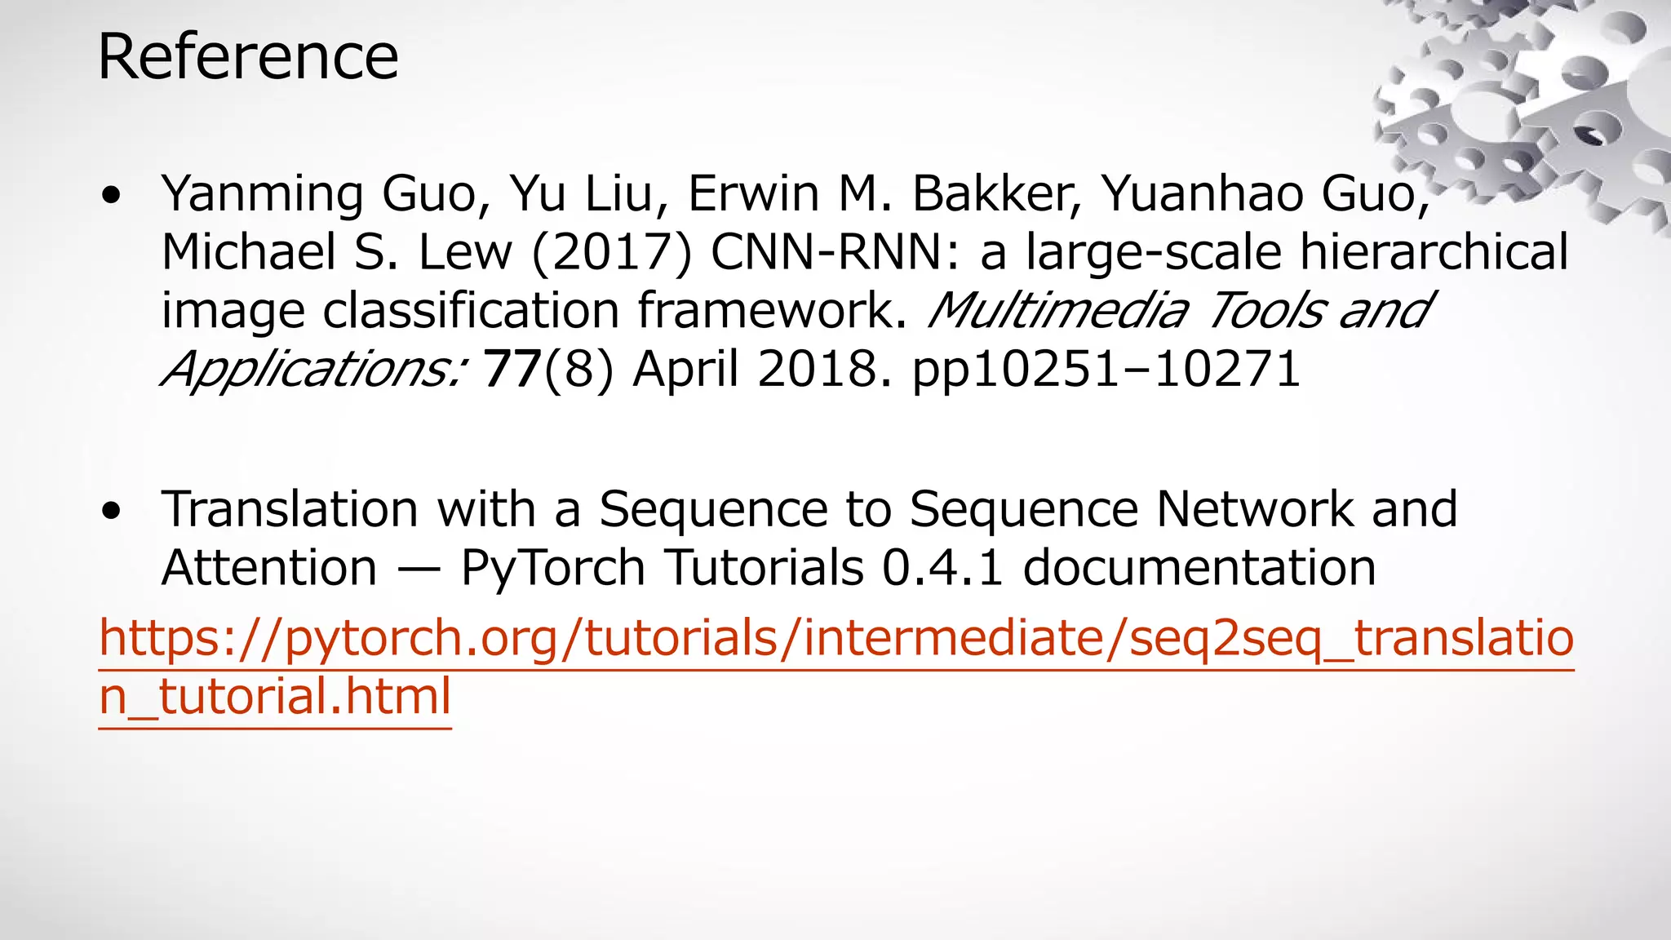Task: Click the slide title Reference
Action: point(248,57)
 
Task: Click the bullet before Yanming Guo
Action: point(112,197)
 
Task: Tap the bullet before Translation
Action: point(112,512)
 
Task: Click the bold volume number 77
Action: point(512,370)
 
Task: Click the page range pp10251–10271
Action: point(1106,370)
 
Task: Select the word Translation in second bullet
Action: point(290,509)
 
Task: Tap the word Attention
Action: point(269,568)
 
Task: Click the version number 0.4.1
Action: point(942,568)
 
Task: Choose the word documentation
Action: point(1199,568)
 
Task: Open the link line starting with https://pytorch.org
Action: point(835,639)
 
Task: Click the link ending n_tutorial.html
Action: point(275,698)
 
